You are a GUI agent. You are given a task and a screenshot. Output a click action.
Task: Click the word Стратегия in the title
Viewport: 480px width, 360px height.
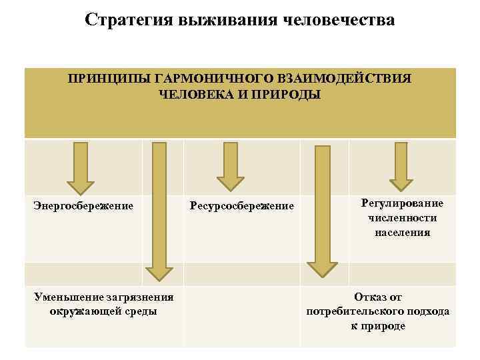127,20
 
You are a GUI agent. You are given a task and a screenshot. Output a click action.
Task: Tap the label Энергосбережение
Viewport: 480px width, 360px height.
83,205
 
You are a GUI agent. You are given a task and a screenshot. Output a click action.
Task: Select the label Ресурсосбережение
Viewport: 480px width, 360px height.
242,205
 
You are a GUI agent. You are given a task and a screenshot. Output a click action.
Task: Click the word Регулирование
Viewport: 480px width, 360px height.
401,203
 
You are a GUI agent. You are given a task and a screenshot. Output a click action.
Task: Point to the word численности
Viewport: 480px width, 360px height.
401,218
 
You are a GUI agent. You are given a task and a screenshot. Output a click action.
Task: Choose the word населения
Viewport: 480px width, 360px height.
401,233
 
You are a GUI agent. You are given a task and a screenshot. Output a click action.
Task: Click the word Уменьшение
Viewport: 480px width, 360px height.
64,297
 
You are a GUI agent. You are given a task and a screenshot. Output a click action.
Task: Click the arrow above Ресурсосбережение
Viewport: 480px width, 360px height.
231,167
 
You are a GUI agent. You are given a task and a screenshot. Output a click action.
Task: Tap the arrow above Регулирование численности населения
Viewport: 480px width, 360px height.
401,167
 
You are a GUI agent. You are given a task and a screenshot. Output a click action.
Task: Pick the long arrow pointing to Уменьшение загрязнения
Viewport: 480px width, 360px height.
159,213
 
